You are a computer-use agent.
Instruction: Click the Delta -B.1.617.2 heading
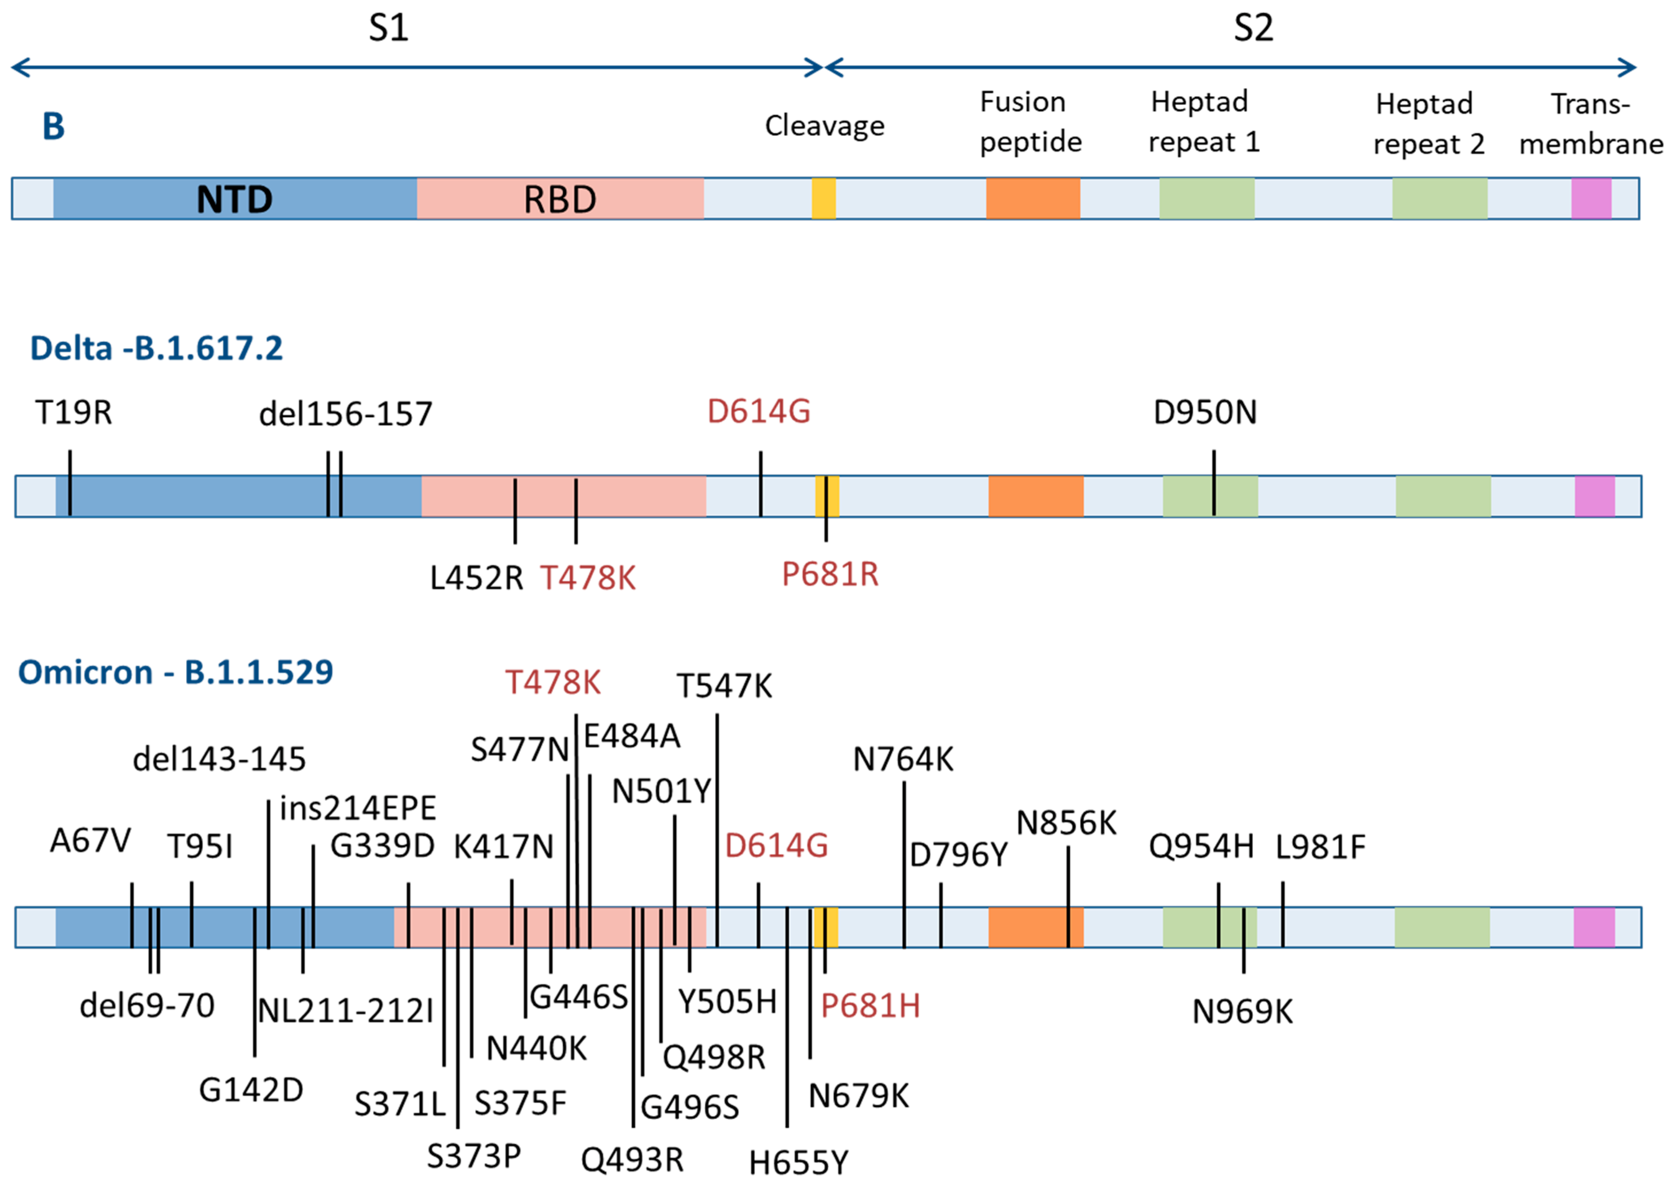(156, 349)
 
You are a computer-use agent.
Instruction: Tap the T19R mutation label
(74, 413)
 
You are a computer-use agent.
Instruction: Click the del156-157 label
(346, 414)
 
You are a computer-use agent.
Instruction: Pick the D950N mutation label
(1205, 413)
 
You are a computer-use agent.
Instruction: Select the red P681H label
(870, 1007)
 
